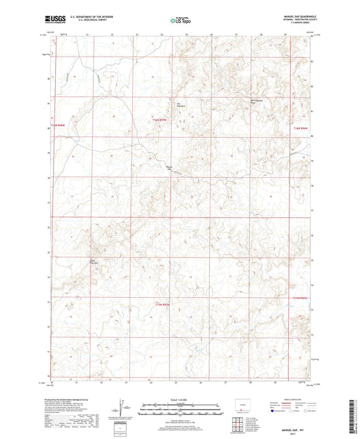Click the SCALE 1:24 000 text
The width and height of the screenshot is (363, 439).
point(180,399)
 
